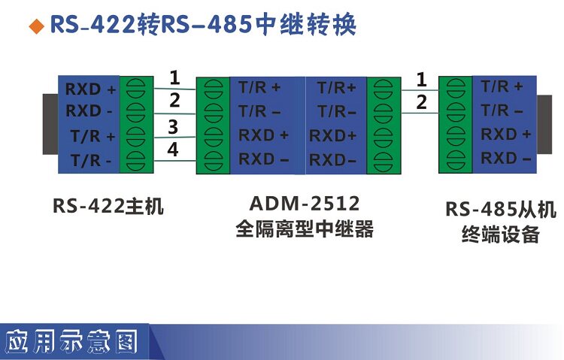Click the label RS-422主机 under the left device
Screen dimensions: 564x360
pyautogui.click(x=108, y=205)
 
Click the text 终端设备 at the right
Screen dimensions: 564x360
pyautogui.click(x=500, y=234)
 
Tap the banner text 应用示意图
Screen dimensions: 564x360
pyautogui.click(x=71, y=343)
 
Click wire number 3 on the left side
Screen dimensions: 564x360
pyautogui.click(x=173, y=126)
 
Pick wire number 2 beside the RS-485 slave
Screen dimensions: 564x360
pyautogui.click(x=421, y=102)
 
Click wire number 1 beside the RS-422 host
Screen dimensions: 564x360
pyautogui.click(x=174, y=77)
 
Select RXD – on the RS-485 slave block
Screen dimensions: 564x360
pyautogui.click(x=506, y=158)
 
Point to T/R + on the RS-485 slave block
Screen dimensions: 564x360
pyautogui.click(x=502, y=86)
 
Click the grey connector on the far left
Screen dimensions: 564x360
pyautogui.click(x=50, y=125)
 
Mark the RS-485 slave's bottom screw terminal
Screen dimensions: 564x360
pyautogui.click(x=454, y=159)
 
